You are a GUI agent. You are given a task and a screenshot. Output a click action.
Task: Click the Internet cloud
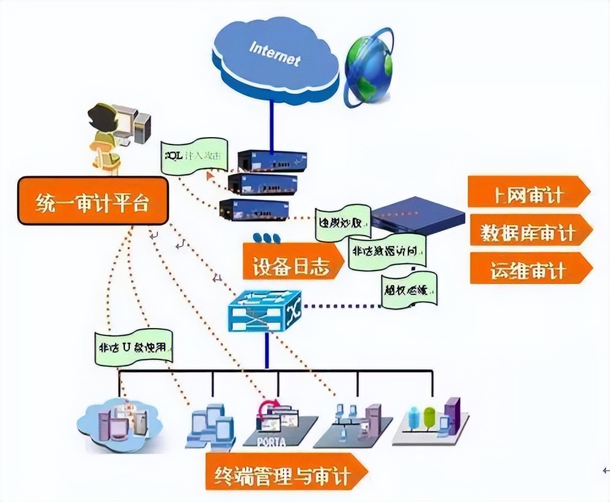click(x=276, y=58)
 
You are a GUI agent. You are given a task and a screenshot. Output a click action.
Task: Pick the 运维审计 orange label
click(x=529, y=269)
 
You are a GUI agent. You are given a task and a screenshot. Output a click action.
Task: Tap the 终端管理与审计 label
click(x=285, y=473)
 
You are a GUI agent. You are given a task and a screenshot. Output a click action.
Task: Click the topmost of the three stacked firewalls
click(x=273, y=160)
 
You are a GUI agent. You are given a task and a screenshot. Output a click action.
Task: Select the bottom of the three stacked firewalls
click(x=254, y=208)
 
